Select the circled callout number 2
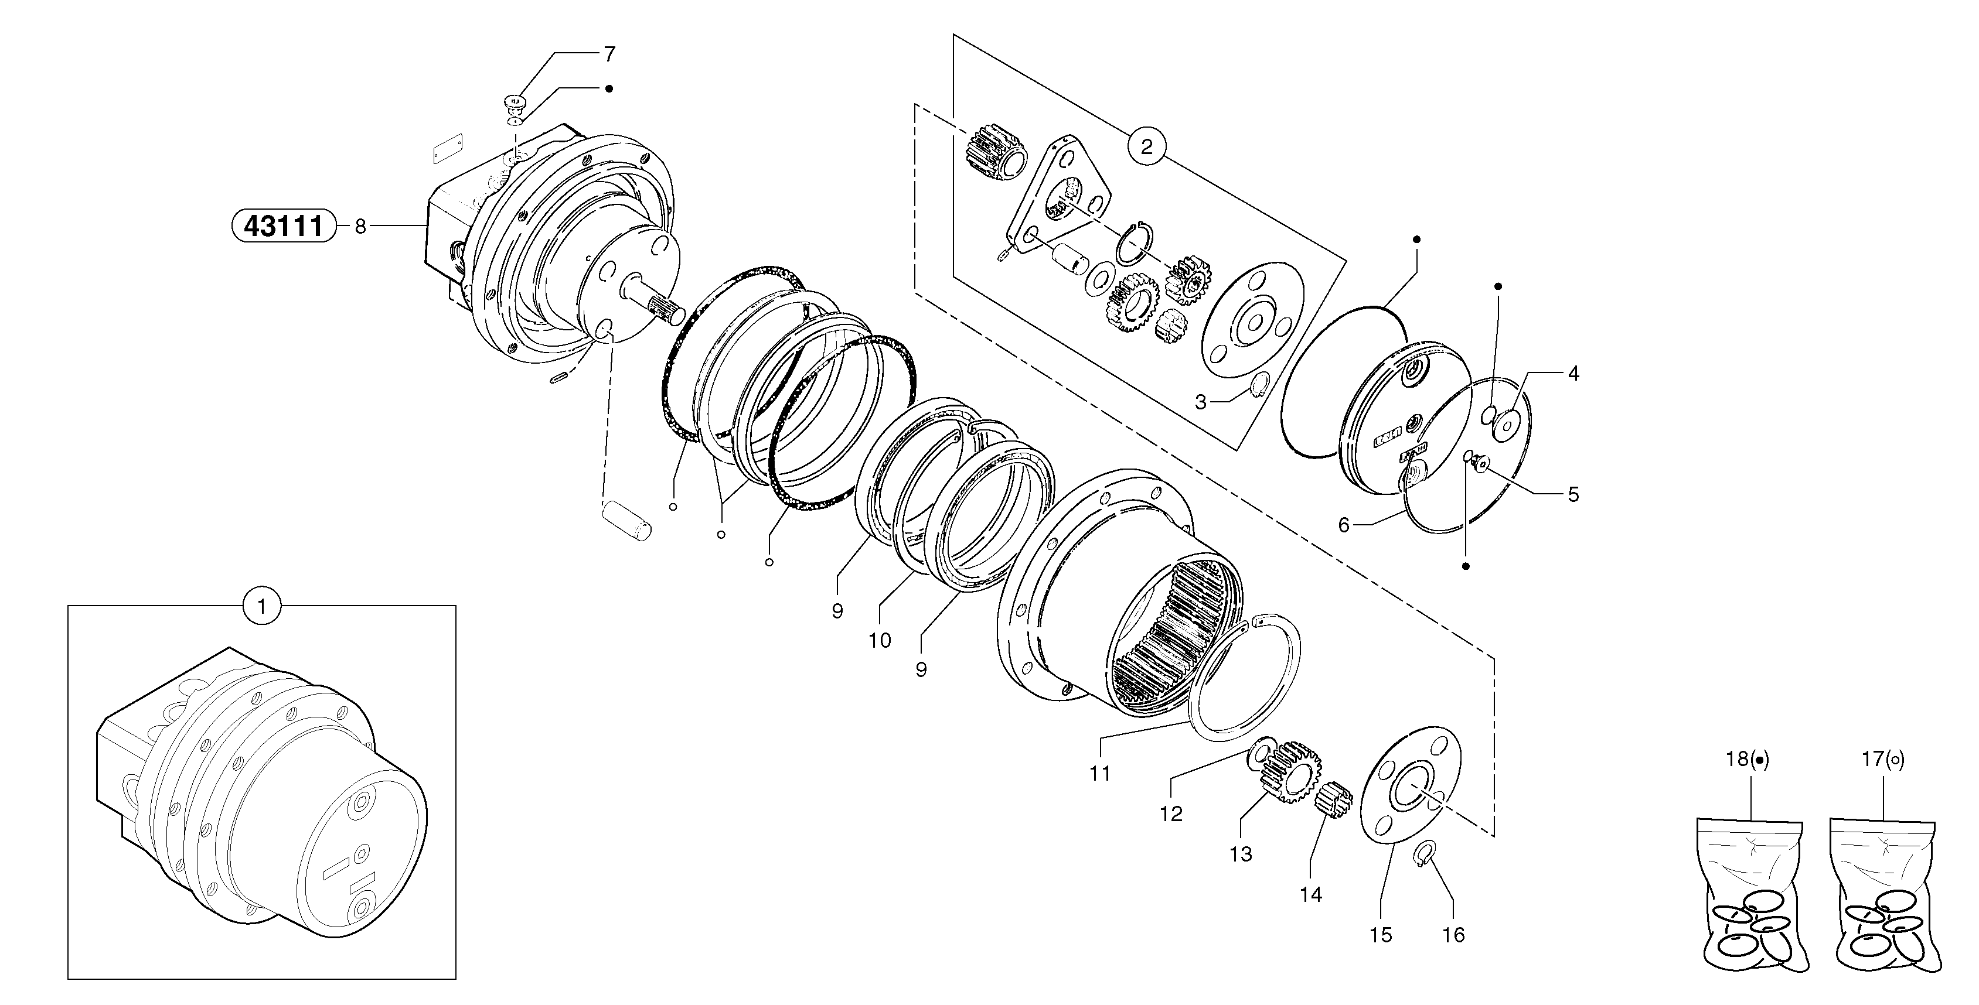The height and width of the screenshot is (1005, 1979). [x=1146, y=146]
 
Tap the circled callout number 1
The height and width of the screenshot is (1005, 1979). [x=262, y=607]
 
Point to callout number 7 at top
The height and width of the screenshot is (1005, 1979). [x=609, y=54]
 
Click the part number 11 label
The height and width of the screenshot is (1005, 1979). [x=1100, y=774]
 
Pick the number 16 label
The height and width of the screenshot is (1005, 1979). [x=1453, y=935]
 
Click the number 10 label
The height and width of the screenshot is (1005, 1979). [x=880, y=640]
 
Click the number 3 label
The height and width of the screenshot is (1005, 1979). [x=1201, y=402]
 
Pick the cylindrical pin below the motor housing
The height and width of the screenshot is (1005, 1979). [x=626, y=519]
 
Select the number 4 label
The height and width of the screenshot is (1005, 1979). [x=1573, y=374]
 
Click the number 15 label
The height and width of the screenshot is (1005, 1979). [x=1381, y=935]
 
